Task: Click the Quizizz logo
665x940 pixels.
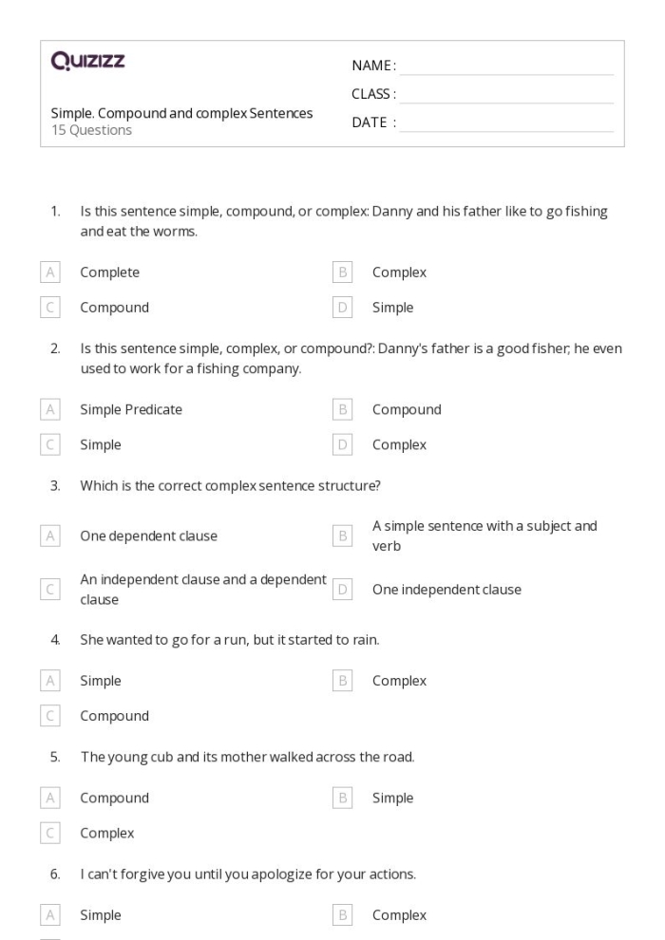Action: pos(88,63)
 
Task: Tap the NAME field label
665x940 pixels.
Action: pos(373,66)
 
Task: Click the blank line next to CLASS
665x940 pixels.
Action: pos(506,94)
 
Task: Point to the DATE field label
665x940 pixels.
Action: pos(373,122)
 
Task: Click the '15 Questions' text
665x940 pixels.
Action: pos(91,130)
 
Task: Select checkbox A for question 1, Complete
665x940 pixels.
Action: pos(50,273)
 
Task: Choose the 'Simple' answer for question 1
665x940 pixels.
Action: pos(392,308)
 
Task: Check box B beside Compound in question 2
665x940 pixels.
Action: pos(343,410)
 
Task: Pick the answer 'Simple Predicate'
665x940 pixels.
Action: pos(131,410)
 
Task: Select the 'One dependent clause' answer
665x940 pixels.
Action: pos(148,536)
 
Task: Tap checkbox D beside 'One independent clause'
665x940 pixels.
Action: pos(343,590)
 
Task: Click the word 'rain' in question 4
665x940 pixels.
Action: pos(365,640)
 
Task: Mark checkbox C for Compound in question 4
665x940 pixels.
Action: pos(50,716)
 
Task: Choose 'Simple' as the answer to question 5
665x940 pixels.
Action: pos(392,799)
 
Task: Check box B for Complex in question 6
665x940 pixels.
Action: pos(343,915)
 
